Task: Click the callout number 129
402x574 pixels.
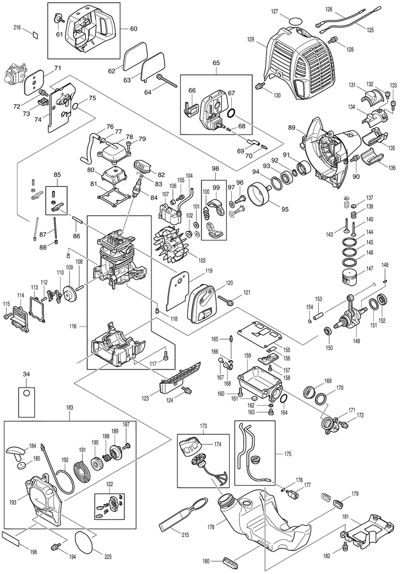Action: click(251, 39)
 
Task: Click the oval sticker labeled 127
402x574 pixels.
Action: click(296, 20)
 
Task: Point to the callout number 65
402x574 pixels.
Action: click(215, 64)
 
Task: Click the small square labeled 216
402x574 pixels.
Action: click(34, 33)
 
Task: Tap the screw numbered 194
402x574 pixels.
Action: click(55, 547)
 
